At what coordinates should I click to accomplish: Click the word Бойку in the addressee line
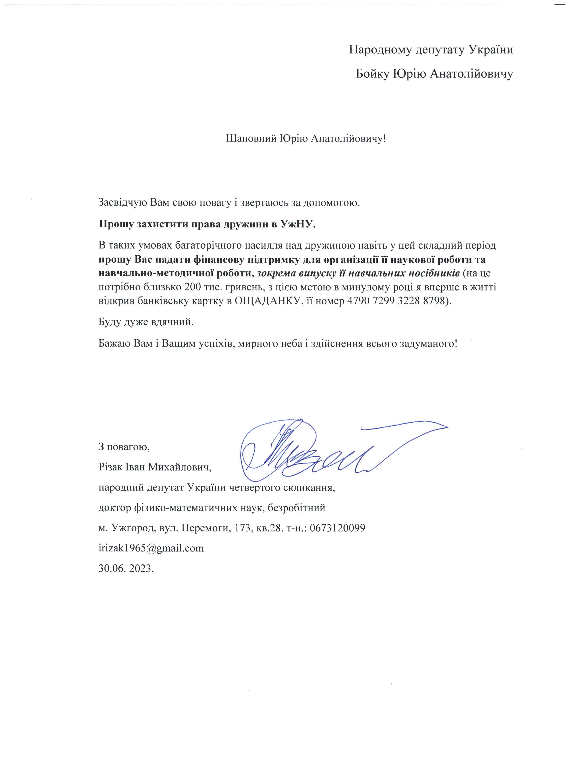click(x=373, y=74)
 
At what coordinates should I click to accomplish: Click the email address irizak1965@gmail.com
click(x=151, y=549)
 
